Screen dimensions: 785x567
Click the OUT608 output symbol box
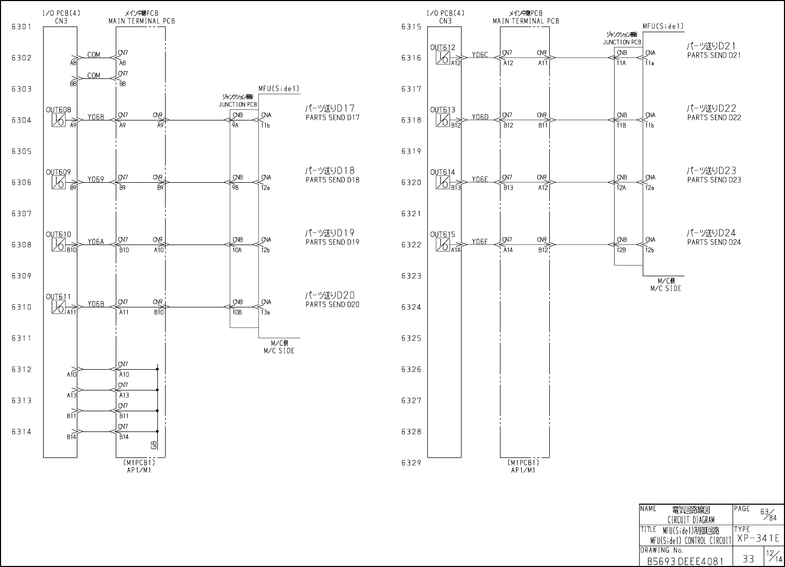58,120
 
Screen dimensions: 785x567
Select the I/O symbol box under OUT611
58,307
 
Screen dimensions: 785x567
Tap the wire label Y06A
96,241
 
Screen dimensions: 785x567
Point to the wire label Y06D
480,117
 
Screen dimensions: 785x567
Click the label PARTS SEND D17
332,117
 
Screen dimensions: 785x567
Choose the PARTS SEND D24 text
714,242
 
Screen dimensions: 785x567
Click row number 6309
21,276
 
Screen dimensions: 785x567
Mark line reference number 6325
411,338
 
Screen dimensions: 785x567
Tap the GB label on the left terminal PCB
153,445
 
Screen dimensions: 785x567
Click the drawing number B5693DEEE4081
685,561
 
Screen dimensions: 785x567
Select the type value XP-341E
757,538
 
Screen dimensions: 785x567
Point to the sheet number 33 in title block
748,559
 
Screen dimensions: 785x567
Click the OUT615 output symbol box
442,245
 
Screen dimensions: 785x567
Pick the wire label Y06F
480,241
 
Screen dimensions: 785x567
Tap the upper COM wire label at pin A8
93,55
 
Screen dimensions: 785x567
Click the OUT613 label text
442,110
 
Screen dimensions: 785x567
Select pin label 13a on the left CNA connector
265,313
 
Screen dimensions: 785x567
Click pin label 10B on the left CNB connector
237,313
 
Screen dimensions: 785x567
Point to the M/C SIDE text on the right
666,288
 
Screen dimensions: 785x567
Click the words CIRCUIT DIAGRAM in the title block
691,520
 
